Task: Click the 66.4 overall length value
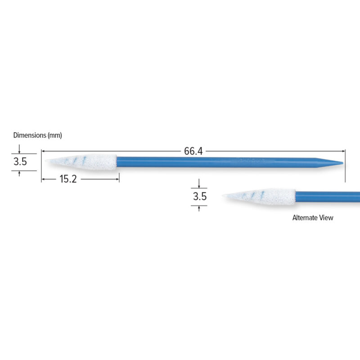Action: (193, 152)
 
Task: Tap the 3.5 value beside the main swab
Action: (19, 162)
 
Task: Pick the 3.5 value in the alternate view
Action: (199, 197)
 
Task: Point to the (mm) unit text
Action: (54, 135)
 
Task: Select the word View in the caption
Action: (326, 218)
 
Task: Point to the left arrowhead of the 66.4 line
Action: (44, 152)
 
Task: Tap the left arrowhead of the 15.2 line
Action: (44, 179)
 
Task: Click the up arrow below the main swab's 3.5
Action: (19, 172)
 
